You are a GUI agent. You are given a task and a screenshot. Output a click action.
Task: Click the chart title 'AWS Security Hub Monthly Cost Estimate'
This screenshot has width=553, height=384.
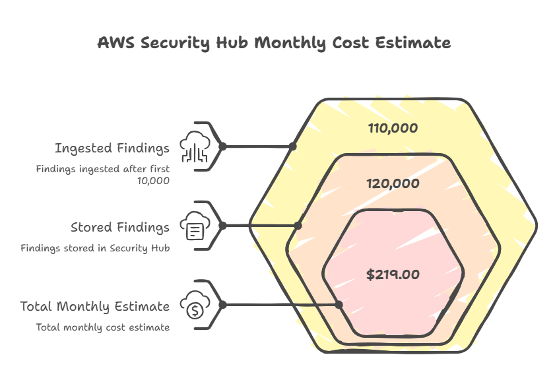[274, 43]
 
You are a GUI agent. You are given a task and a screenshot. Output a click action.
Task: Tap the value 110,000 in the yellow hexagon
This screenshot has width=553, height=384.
[393, 128]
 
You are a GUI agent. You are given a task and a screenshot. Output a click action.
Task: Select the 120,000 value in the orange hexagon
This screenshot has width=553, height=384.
[393, 183]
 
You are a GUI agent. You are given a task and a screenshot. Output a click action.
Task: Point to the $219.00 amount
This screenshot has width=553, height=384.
[393, 274]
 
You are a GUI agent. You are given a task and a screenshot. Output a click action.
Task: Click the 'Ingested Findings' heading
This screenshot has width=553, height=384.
[112, 148]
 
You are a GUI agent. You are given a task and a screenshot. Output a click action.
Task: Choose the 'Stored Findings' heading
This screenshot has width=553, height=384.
[120, 227]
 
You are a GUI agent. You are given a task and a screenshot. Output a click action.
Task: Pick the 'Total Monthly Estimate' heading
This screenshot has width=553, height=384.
[95, 306]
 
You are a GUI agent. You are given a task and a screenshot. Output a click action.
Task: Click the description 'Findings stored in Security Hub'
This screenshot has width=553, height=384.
[95, 248]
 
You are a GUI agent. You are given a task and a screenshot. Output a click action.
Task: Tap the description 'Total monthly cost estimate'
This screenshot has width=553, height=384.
[103, 327]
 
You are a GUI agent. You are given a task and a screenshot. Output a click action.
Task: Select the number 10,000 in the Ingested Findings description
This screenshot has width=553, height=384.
[153, 181]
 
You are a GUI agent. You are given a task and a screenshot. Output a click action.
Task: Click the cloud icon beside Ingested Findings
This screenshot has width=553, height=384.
[195, 146]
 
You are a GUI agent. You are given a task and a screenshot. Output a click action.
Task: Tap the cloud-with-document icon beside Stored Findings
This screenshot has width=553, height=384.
[195, 226]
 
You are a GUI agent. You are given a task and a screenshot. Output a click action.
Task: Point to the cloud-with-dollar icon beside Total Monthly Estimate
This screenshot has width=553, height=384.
[195, 305]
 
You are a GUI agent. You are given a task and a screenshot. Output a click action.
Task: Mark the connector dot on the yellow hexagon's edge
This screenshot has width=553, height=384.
[292, 146]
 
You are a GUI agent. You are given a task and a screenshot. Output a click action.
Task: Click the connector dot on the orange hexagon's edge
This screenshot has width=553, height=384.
[298, 226]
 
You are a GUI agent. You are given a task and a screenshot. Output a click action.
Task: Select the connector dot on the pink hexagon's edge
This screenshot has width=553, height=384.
[339, 305]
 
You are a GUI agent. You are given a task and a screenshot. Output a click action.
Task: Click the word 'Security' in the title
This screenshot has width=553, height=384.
[176, 44]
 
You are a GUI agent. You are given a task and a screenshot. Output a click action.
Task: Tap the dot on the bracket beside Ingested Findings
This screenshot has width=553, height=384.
[222, 146]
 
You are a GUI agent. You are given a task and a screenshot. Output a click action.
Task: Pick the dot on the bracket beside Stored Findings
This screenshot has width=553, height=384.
[222, 226]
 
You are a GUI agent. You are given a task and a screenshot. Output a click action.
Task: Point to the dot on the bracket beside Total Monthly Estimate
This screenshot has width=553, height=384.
[222, 305]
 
